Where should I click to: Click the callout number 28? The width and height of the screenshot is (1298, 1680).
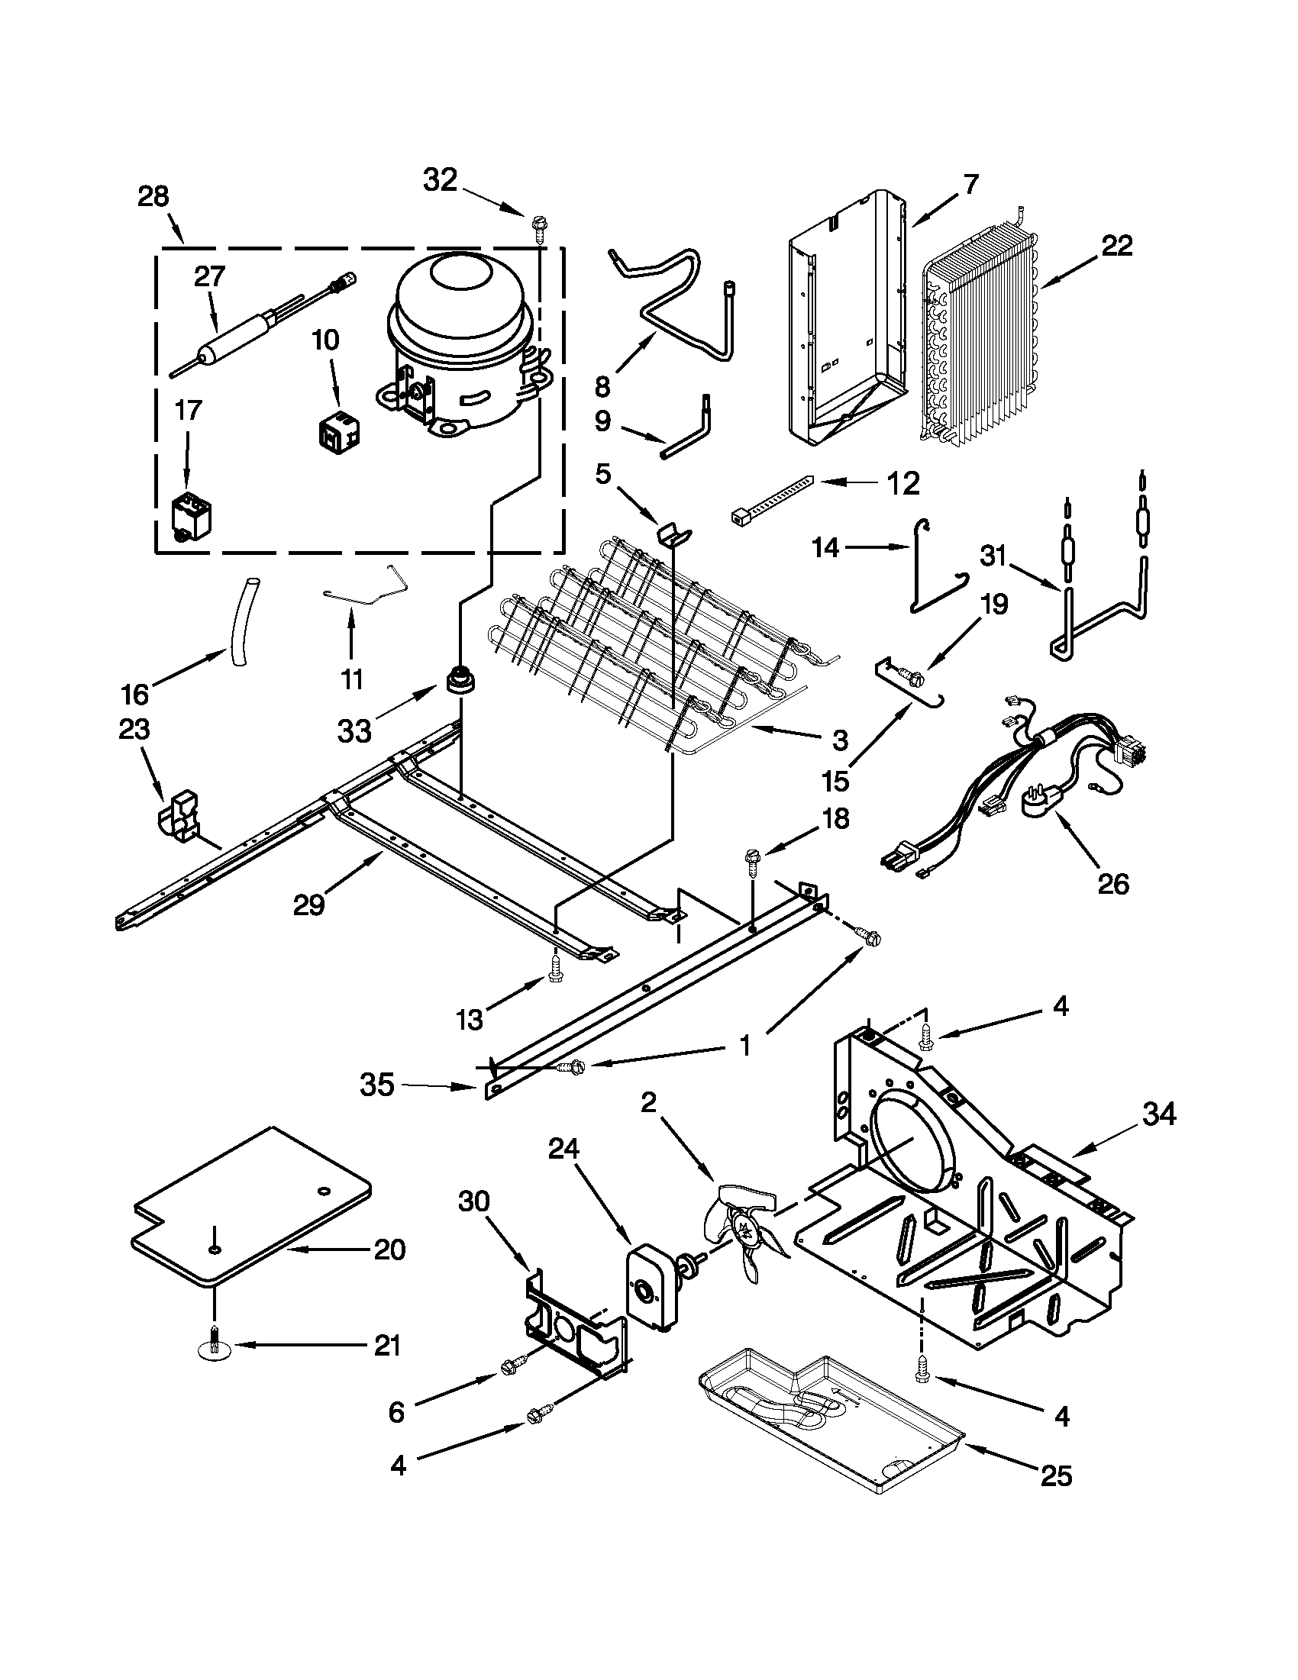point(153,197)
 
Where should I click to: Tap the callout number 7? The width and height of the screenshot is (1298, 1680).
point(970,185)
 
